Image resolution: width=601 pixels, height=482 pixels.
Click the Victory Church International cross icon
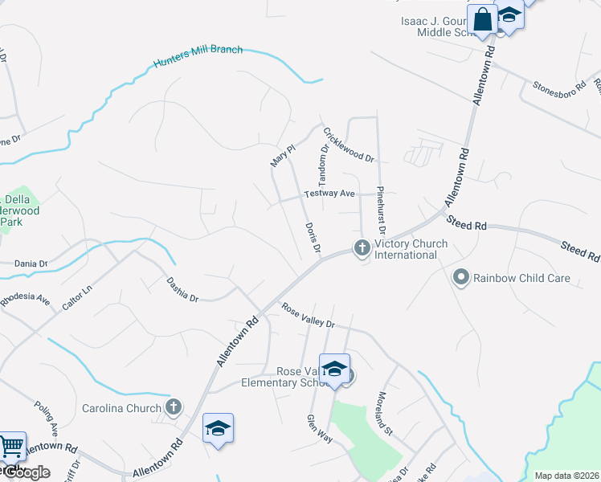(x=362, y=247)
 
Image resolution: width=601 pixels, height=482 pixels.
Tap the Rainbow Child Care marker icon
(x=461, y=278)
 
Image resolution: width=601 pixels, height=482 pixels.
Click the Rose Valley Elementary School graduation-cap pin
(x=334, y=370)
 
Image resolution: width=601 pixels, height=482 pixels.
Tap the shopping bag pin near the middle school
(x=484, y=19)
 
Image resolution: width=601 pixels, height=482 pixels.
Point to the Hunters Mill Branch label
(x=198, y=55)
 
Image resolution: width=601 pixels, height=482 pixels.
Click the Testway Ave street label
(x=329, y=194)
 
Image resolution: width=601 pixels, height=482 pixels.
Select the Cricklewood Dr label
(x=349, y=145)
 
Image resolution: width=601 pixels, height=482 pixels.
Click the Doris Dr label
(x=313, y=239)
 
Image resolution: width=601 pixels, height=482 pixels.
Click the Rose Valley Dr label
(x=308, y=315)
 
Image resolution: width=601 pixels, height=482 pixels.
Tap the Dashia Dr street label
(x=182, y=289)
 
